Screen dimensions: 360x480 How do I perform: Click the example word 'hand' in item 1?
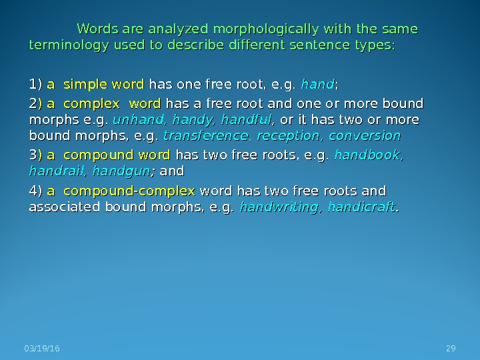pos(318,85)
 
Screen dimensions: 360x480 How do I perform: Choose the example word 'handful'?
pos(244,121)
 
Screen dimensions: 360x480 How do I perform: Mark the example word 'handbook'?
pos(369,156)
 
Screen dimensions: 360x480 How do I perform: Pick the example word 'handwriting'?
pos(276,207)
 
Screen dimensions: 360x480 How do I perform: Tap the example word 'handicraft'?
pos(362,207)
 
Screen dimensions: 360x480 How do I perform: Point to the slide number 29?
pos(450,349)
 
